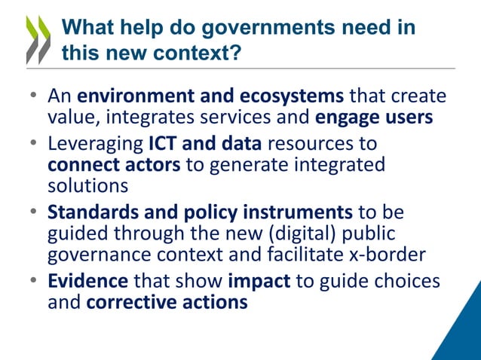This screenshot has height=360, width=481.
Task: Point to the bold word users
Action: [x=408, y=118]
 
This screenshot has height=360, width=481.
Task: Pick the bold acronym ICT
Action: [x=165, y=142]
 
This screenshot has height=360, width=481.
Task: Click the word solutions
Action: [x=84, y=185]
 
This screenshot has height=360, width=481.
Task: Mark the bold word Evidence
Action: [x=88, y=282]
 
